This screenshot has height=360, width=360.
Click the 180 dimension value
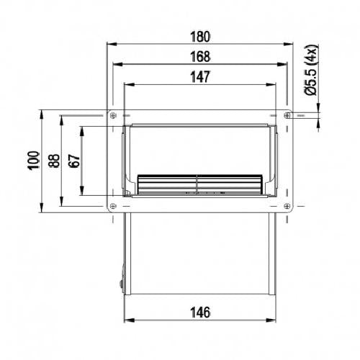point(200,37)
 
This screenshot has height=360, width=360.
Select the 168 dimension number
point(200,57)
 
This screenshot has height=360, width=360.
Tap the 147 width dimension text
point(200,77)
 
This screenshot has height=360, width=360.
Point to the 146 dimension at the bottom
point(200,312)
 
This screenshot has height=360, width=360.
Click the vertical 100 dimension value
point(34,161)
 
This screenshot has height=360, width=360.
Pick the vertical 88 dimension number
point(54,161)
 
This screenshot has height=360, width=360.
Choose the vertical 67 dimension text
point(74,161)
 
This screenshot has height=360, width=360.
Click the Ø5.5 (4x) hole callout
point(312,70)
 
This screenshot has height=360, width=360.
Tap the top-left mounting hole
point(113,115)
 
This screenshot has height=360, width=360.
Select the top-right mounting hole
point(287,115)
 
